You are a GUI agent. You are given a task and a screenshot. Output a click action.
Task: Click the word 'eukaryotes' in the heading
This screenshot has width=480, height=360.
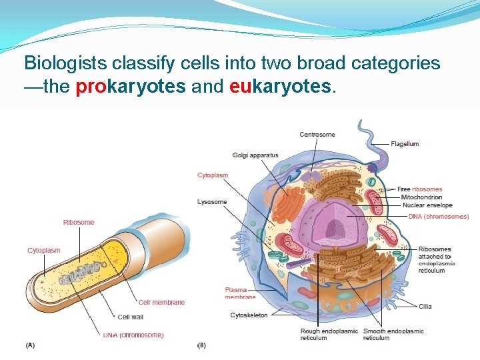[280, 87]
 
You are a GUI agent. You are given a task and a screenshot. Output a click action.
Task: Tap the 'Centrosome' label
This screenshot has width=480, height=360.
[317, 135]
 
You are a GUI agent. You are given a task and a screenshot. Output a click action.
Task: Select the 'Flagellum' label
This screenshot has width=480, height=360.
[405, 144]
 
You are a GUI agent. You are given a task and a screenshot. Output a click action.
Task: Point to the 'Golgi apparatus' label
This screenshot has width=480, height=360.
[255, 155]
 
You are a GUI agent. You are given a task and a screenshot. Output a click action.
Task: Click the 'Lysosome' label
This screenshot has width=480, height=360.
[213, 202]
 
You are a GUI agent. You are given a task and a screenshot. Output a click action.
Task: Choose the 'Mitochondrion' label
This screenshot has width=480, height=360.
[421, 197]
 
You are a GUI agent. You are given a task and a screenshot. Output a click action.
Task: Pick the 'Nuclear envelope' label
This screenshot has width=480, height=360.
[423, 205]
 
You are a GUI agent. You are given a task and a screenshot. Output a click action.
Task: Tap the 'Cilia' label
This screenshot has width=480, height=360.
[425, 307]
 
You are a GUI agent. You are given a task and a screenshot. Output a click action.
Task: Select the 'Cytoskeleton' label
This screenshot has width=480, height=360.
[249, 315]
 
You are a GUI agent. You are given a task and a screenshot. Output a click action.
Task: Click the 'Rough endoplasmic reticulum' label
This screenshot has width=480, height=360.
[329, 334]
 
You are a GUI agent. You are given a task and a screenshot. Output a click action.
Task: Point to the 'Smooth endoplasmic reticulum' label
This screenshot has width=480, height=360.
[393, 334]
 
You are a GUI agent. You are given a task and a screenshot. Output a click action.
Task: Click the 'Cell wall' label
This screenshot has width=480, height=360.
[130, 317]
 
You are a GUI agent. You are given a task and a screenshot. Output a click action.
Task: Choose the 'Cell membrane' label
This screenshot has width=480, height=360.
[162, 302]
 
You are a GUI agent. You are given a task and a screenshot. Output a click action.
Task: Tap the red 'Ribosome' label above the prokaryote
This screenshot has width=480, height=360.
[79, 222]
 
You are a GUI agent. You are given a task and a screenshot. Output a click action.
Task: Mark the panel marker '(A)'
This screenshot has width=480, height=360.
[31, 345]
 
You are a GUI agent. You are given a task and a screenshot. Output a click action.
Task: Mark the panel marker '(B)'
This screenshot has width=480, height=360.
[202, 345]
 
